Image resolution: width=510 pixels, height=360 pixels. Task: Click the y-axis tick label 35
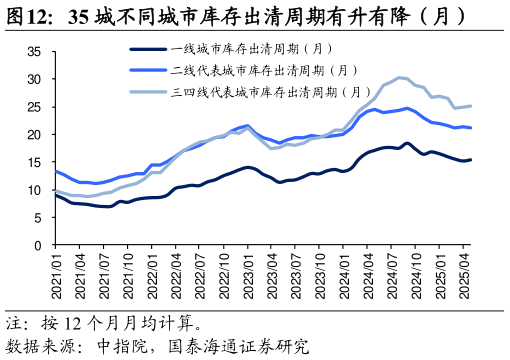pyautogui.click(x=34, y=51)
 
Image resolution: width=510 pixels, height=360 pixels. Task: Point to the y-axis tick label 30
pyautogui.click(x=34, y=79)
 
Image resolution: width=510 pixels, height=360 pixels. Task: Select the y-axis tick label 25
pyautogui.click(x=34, y=106)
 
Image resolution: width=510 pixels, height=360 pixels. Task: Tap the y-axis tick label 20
pyautogui.click(x=34, y=134)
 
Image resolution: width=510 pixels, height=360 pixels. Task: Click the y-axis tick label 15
pyautogui.click(x=34, y=162)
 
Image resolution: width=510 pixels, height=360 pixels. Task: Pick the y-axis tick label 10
pyautogui.click(x=34, y=190)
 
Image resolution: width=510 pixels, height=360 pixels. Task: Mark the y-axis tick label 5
pyautogui.click(x=37, y=218)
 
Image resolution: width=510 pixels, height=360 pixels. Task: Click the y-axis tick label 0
pyautogui.click(x=37, y=245)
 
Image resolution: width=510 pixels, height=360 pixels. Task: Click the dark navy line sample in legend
pyautogui.click(x=147, y=48)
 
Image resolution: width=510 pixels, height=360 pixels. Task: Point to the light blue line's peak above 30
pyautogui.click(x=400, y=77)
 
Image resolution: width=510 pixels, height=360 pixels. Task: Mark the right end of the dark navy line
pyautogui.click(x=471, y=159)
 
